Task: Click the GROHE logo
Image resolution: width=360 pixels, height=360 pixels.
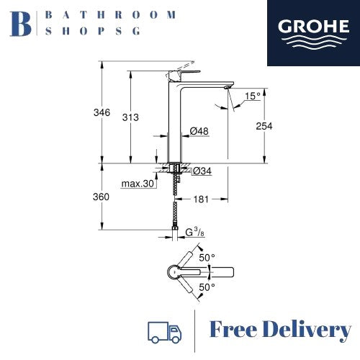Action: point(314,33)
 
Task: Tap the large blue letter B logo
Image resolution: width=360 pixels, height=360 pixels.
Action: point(20,24)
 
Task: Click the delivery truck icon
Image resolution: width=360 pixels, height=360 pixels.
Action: point(164,333)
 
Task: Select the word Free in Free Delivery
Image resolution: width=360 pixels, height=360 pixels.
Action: point(233,330)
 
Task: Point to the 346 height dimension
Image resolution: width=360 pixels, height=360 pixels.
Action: point(102,112)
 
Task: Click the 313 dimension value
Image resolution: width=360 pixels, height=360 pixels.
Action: point(130,117)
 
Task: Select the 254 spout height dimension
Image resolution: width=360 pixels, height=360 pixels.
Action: point(264,126)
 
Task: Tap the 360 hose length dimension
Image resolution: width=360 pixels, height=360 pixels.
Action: point(101,197)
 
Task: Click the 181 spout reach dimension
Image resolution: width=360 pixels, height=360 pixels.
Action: point(201,199)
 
